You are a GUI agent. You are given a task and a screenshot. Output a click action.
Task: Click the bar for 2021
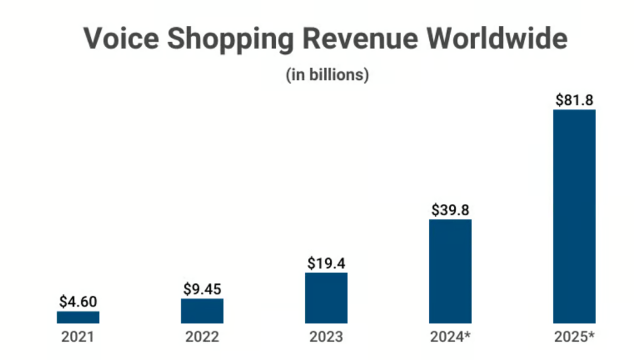(78, 317)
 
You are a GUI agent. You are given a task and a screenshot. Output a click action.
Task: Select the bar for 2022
(202, 311)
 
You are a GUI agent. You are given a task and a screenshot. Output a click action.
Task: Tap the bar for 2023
(326, 298)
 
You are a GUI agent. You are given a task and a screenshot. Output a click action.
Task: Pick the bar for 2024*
(450, 271)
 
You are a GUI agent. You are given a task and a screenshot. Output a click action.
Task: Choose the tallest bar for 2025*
(574, 217)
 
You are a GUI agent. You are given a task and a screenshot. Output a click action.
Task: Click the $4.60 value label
(78, 301)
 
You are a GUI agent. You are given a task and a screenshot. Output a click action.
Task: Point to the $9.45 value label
(202, 289)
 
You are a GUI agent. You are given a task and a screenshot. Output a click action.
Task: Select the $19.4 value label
(326, 263)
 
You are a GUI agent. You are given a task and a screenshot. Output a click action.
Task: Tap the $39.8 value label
(450, 210)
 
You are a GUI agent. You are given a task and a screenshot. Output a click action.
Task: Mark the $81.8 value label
(574, 100)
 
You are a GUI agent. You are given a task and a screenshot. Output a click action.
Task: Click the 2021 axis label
(78, 337)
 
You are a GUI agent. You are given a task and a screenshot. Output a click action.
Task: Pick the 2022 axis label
(202, 337)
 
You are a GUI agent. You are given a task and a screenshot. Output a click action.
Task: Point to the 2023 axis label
(326, 337)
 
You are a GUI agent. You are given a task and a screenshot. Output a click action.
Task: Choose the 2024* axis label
(451, 337)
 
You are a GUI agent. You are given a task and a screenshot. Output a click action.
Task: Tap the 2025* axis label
(575, 337)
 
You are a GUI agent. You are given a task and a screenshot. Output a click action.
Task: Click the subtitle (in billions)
(327, 74)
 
